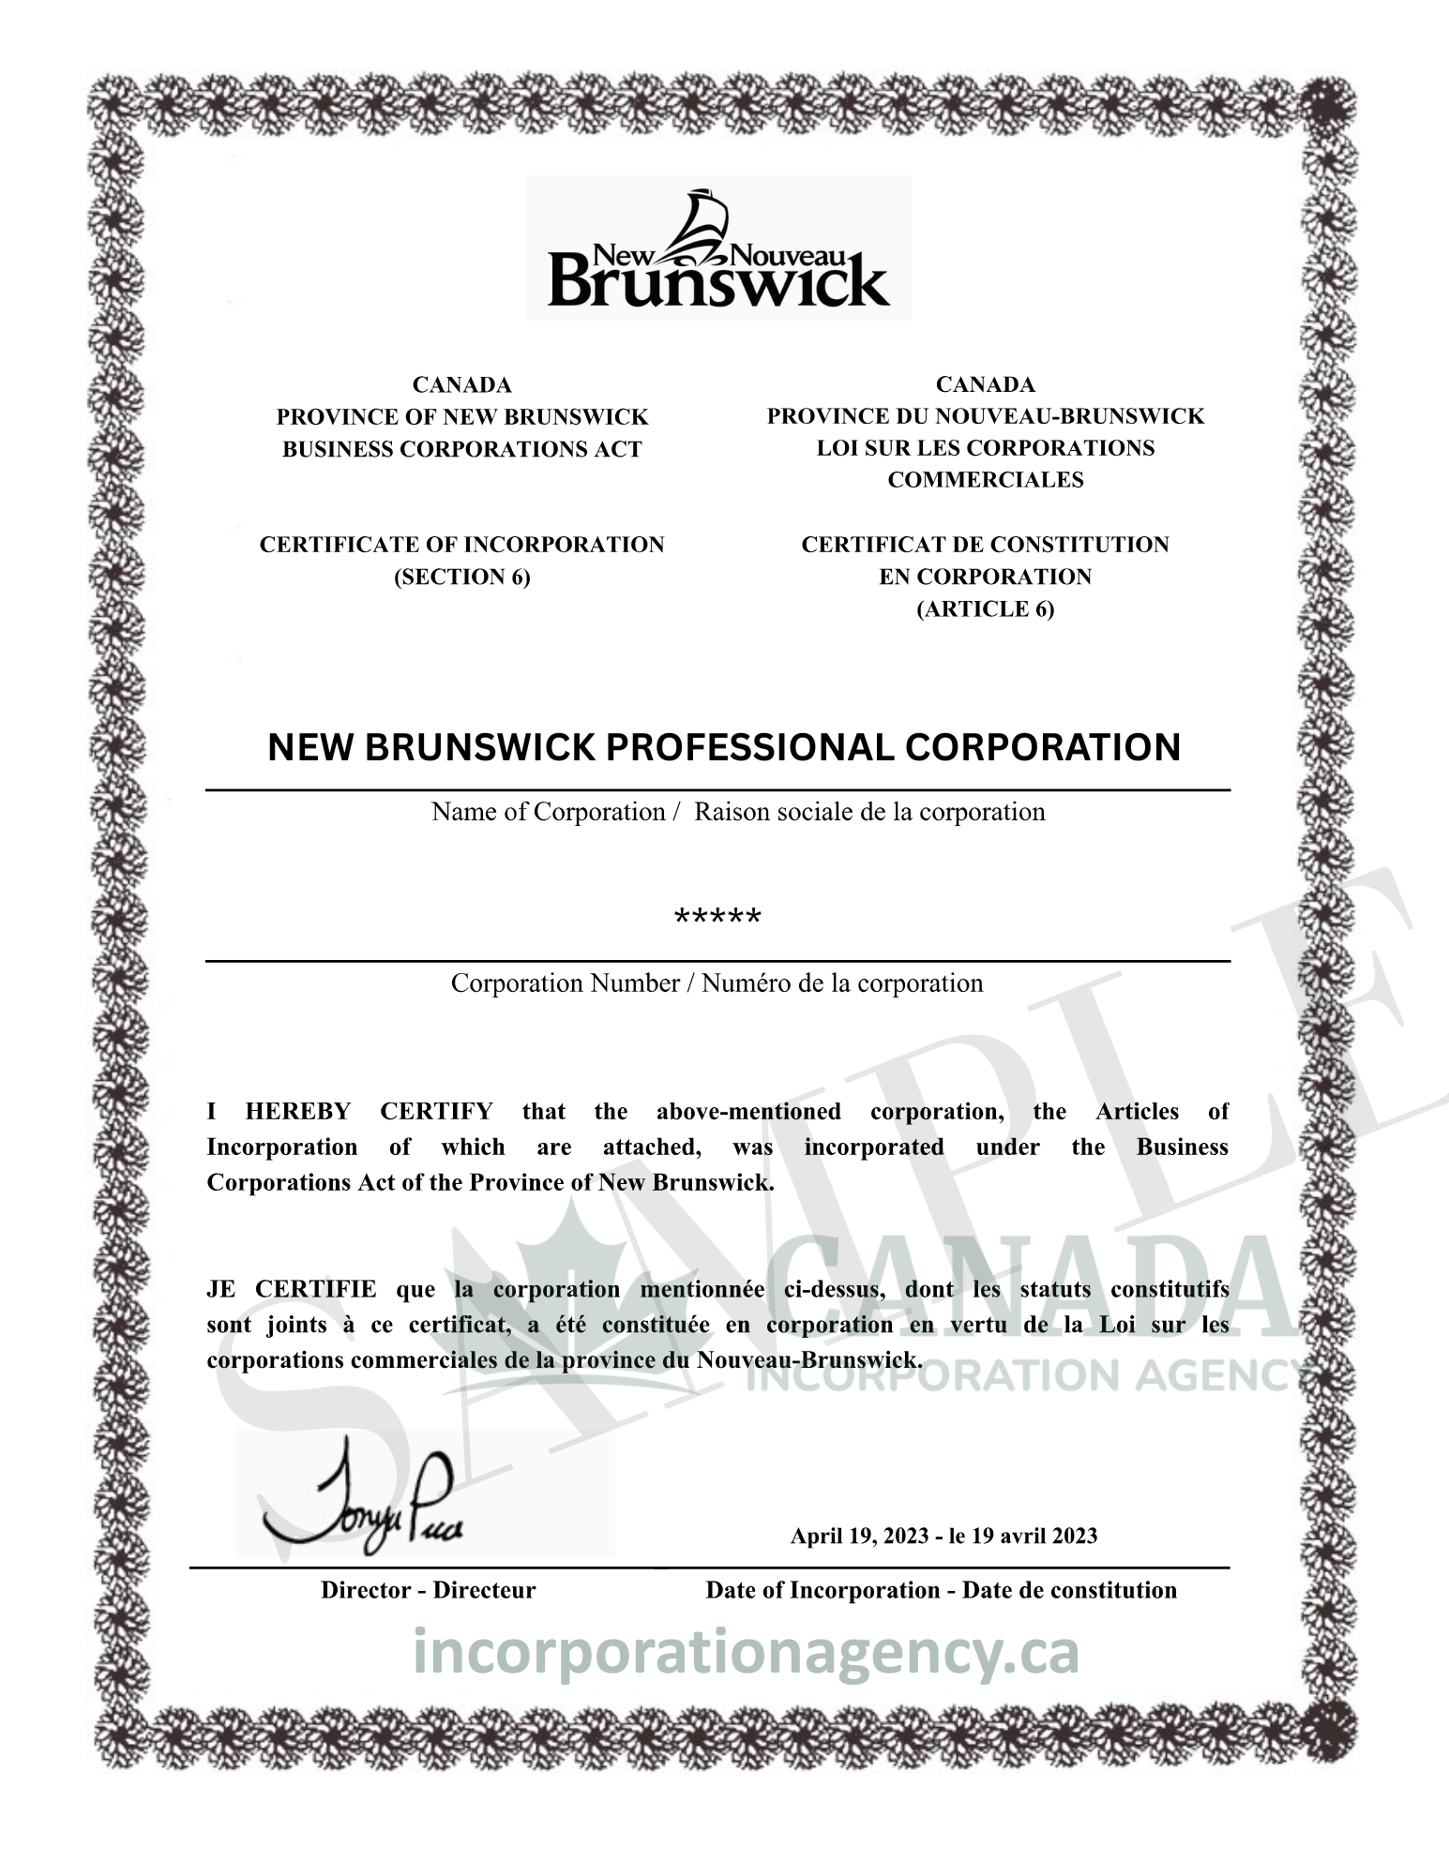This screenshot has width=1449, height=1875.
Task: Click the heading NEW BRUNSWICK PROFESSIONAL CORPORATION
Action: coord(724,747)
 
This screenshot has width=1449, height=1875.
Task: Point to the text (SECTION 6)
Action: coord(461,577)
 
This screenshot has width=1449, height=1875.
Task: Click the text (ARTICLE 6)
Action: coord(985,608)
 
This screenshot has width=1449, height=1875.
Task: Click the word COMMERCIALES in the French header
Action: coord(985,480)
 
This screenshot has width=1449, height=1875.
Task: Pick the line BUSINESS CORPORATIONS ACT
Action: coord(461,449)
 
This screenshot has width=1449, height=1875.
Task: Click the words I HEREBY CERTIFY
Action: coord(350,1112)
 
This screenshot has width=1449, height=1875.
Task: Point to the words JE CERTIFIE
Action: coord(291,1290)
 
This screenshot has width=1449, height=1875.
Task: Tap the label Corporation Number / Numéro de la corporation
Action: coord(717,983)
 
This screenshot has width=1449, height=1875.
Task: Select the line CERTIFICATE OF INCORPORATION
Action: coord(461,545)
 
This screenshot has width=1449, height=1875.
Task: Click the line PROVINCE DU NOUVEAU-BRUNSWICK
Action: coord(985,416)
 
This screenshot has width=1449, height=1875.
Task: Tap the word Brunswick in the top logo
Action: coord(717,282)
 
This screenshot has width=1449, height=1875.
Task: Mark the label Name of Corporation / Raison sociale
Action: coord(738,812)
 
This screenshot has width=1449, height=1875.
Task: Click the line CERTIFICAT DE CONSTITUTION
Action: coord(985,545)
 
